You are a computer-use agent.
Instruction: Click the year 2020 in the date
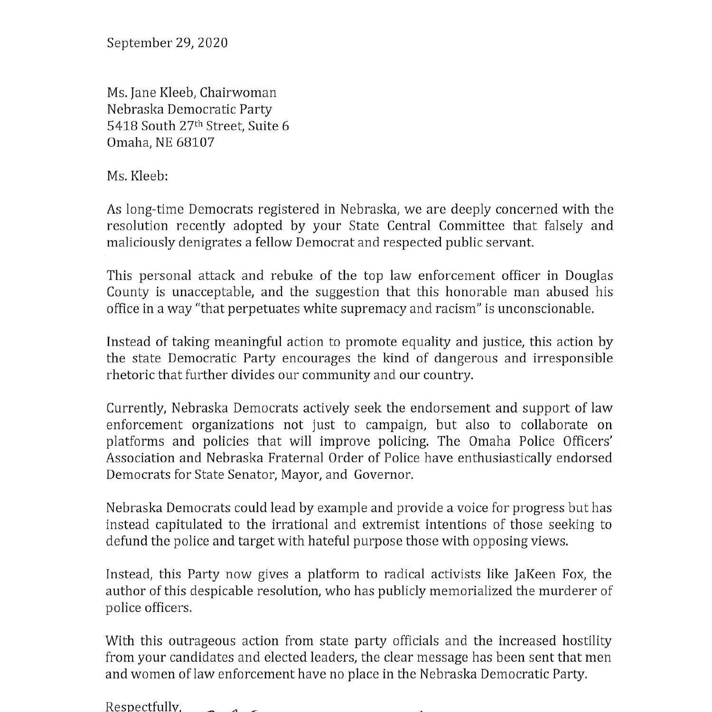(212, 43)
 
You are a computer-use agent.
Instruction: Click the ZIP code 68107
(195, 142)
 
